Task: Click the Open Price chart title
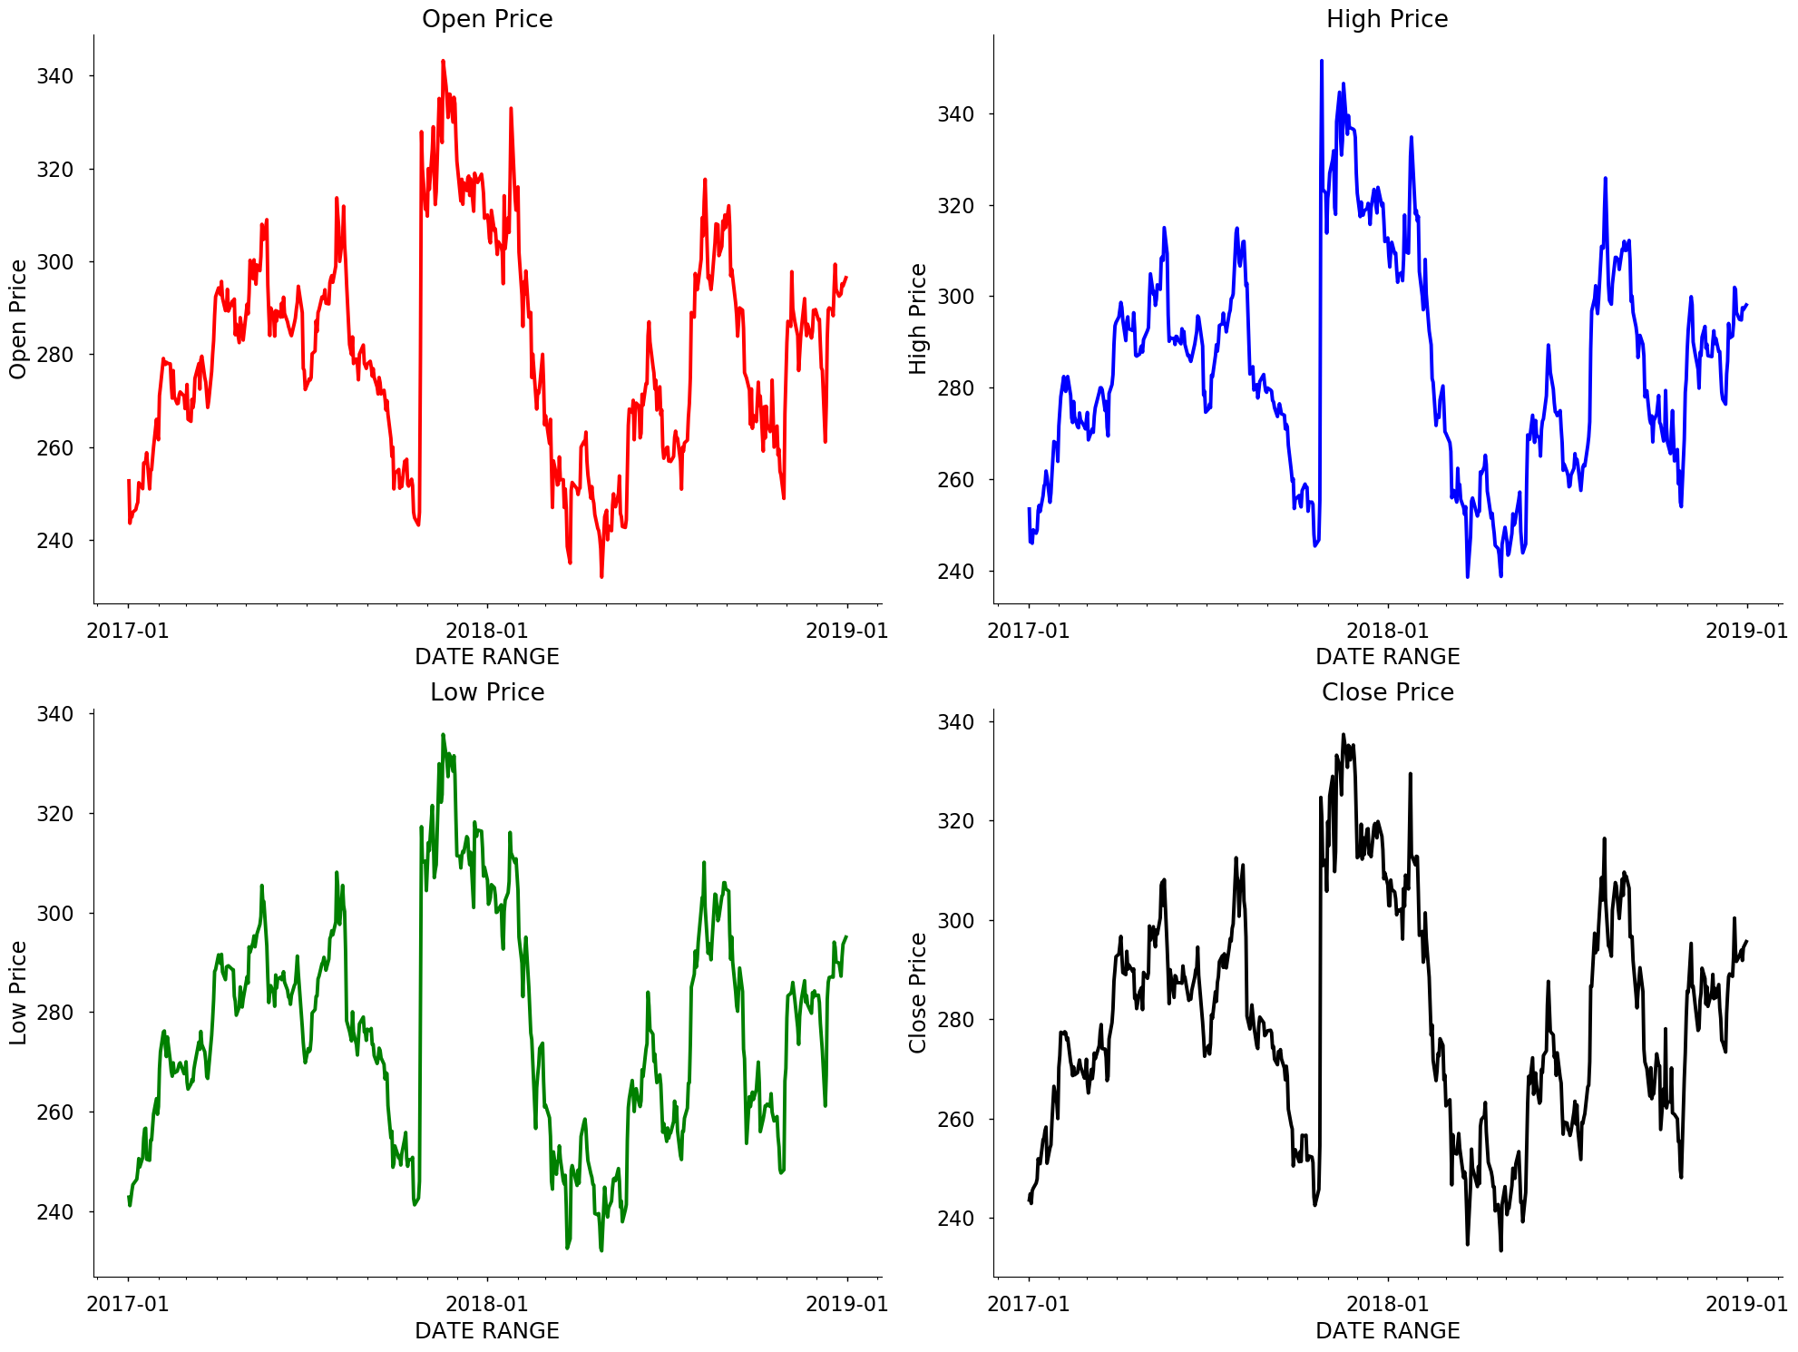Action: click(x=487, y=19)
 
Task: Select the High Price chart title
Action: click(x=1387, y=19)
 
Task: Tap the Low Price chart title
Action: click(x=487, y=692)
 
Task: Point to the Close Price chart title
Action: click(x=1387, y=692)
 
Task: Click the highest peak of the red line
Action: click(x=443, y=62)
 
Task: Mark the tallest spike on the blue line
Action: click(x=1322, y=62)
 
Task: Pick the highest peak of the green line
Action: click(x=443, y=735)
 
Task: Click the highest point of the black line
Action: click(x=1344, y=735)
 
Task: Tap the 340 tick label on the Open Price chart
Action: click(x=54, y=76)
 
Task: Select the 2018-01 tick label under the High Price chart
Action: click(x=1387, y=631)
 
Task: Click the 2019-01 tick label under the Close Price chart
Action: click(x=1746, y=1304)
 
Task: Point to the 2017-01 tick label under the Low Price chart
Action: click(x=128, y=1304)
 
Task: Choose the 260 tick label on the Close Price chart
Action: click(x=955, y=1120)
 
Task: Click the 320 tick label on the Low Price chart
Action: click(x=54, y=814)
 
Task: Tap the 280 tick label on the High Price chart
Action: click(x=955, y=388)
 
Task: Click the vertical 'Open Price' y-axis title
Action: click(x=18, y=319)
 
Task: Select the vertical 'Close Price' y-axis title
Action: click(x=918, y=993)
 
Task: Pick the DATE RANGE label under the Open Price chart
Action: click(x=487, y=657)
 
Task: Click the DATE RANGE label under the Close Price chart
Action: click(x=1387, y=1330)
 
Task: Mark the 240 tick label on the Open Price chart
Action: click(x=54, y=541)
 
